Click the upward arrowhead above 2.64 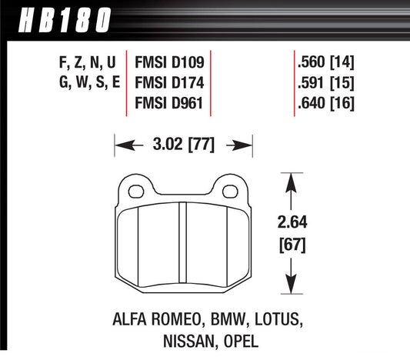tap(291, 179)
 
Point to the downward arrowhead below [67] tap(291, 291)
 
